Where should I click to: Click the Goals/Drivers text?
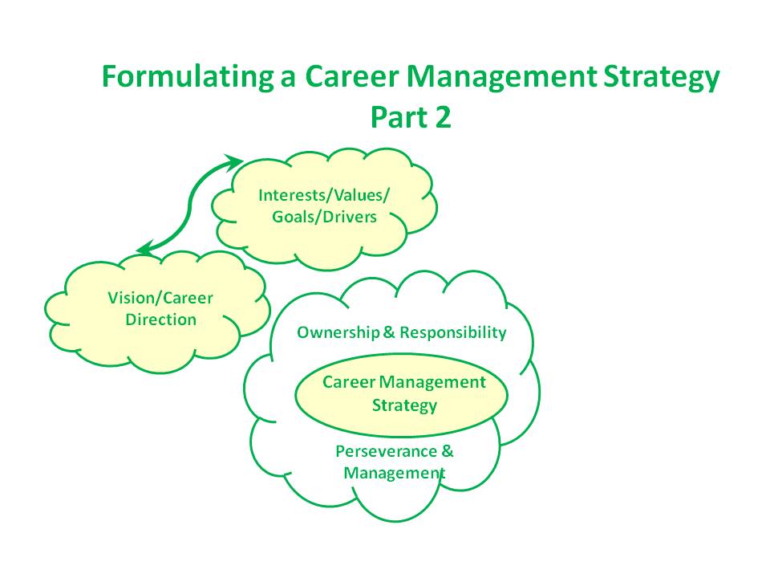324,217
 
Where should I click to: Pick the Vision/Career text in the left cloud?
160,299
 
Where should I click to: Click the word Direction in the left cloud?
160,320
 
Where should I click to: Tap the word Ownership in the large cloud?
335,332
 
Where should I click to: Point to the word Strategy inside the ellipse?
404,405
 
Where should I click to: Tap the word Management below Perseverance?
394,473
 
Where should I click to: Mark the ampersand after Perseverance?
448,451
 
